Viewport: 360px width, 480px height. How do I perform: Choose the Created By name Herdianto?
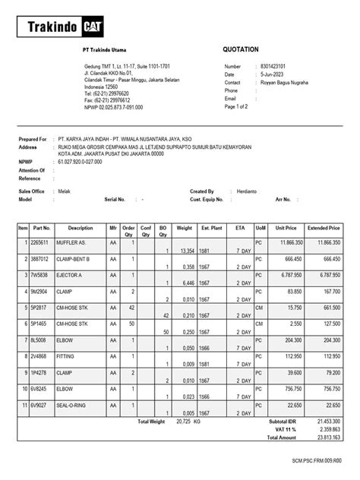point(249,191)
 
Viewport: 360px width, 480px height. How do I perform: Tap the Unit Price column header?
point(286,227)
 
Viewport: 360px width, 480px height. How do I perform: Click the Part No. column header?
point(41,227)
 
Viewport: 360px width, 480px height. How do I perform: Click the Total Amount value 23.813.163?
point(327,437)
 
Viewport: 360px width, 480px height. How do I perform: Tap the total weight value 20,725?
point(185,422)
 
